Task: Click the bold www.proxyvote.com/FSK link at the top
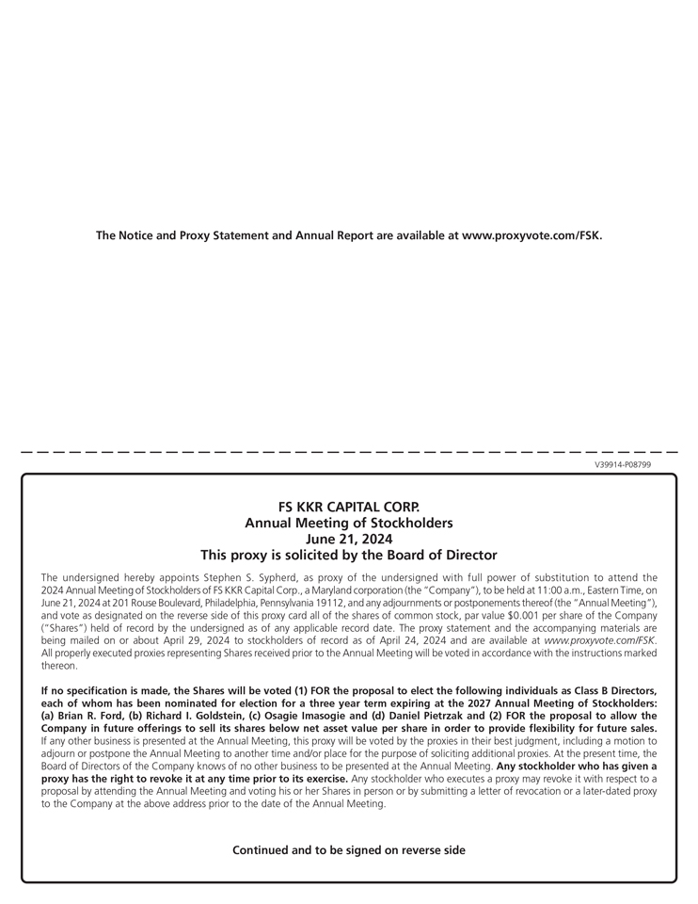[x=531, y=234]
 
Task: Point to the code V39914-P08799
[x=622, y=464]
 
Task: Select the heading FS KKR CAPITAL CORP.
[x=349, y=507]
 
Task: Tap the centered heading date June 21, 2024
[x=349, y=539]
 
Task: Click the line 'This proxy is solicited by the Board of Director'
[x=349, y=556]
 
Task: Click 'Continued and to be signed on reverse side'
[x=349, y=850]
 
